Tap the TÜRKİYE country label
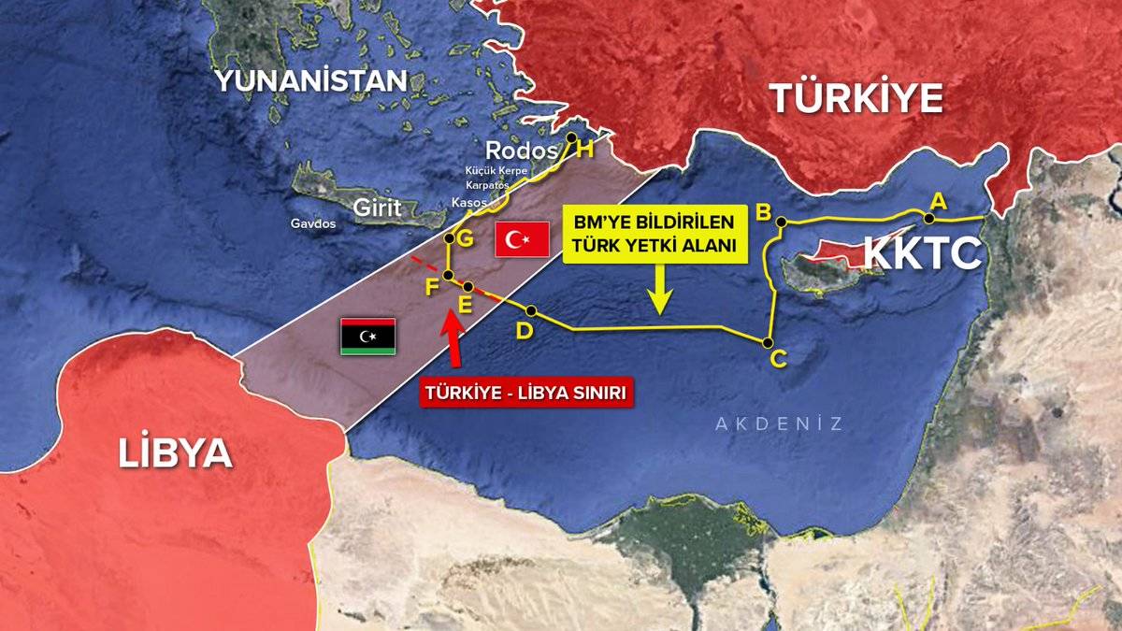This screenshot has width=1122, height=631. point(856,98)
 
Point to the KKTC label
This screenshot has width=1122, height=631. point(922,253)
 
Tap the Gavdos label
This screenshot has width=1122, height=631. point(313,224)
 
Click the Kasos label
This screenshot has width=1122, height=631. point(468,202)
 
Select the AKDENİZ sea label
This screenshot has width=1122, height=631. point(779,423)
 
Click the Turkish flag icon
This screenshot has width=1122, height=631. point(523,240)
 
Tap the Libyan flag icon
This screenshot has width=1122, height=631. point(367,336)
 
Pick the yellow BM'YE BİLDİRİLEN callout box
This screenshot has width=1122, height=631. point(654,233)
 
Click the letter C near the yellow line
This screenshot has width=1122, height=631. point(778,358)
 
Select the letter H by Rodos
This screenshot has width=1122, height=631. point(585,149)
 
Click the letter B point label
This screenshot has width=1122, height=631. point(763,212)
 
